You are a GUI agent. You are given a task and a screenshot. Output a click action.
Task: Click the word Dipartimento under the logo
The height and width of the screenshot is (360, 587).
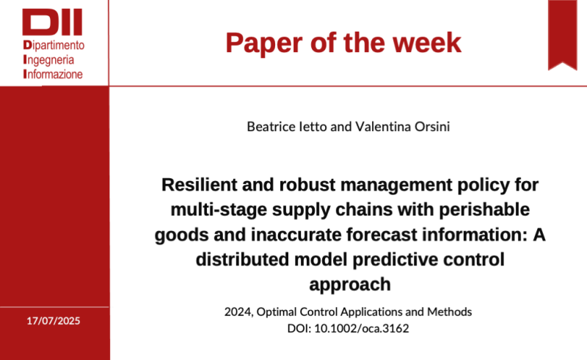54,45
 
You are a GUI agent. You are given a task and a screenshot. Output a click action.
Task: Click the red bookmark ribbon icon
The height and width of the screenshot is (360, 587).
563,33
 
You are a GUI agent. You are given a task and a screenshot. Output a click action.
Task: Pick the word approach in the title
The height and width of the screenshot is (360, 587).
349,284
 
